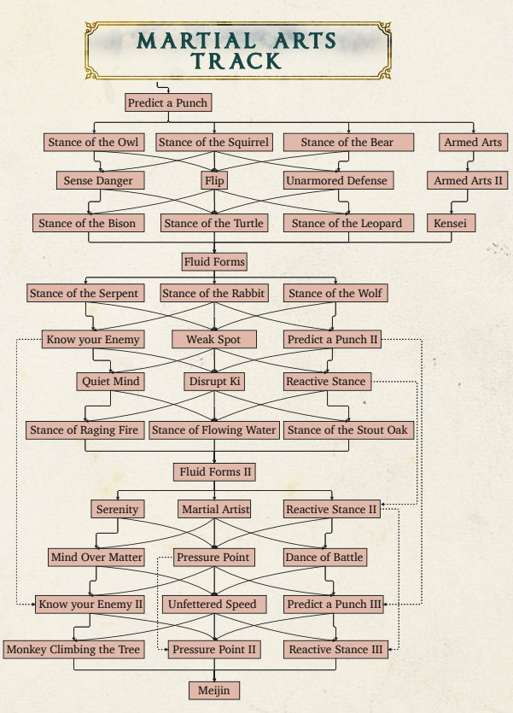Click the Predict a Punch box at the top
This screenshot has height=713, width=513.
click(x=168, y=102)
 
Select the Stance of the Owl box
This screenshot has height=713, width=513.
click(x=94, y=143)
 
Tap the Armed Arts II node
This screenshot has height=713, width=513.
click(x=467, y=180)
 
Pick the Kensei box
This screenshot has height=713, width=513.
click(x=452, y=223)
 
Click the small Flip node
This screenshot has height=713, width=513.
click(x=214, y=180)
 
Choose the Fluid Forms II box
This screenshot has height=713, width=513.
click(x=214, y=472)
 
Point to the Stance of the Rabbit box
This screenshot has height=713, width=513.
click(x=214, y=293)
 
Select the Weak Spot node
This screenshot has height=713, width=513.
click(x=214, y=339)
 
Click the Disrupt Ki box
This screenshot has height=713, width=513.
click(x=214, y=382)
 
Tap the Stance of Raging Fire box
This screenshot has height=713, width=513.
click(x=85, y=430)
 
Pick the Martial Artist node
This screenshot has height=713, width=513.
click(x=214, y=509)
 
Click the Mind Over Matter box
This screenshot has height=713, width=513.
click(x=96, y=557)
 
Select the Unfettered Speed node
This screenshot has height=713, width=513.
click(x=214, y=605)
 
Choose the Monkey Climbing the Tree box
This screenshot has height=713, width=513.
click(x=73, y=649)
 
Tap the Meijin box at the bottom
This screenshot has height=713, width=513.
click(x=214, y=690)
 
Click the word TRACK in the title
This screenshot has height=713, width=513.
click(x=236, y=61)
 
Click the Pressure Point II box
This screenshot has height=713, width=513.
click(x=214, y=649)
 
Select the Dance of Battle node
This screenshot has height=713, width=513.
click(x=325, y=557)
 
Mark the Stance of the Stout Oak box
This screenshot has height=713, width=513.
click(x=348, y=430)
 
